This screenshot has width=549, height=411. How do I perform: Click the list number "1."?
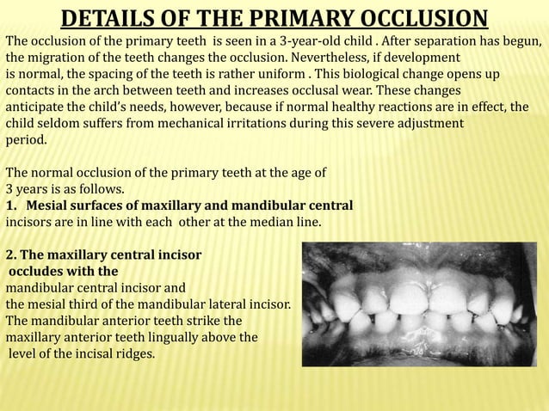pos(12,205)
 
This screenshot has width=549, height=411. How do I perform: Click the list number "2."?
pos(11,255)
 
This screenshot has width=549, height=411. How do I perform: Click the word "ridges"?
pos(133,353)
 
